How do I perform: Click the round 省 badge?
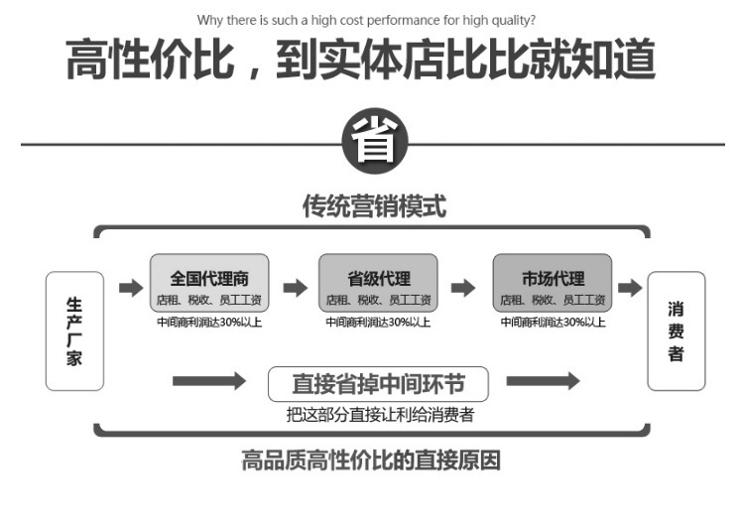pyautogui.click(x=375, y=141)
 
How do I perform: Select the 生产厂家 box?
pyautogui.click(x=74, y=330)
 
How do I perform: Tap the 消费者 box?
pyautogui.click(x=677, y=330)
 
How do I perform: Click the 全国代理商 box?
pyautogui.click(x=209, y=283)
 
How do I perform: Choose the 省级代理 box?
pyautogui.click(x=378, y=283)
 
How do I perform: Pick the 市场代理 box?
pyautogui.click(x=553, y=283)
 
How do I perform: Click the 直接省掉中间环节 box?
pyautogui.click(x=378, y=384)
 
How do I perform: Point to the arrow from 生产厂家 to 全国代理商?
pyautogui.click(x=131, y=287)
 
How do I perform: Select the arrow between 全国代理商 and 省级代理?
pyautogui.click(x=296, y=287)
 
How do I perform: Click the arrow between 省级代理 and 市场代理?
pyautogui.click(x=463, y=287)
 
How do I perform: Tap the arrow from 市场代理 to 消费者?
pyautogui.click(x=630, y=287)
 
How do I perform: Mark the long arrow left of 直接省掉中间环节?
pyautogui.click(x=209, y=381)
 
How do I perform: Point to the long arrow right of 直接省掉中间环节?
pyautogui.click(x=544, y=381)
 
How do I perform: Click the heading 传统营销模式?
pyautogui.click(x=374, y=206)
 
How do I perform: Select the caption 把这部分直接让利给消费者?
pyautogui.click(x=380, y=415)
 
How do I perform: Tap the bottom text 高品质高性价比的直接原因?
pyautogui.click(x=371, y=461)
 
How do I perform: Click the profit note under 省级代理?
pyautogui.click(x=378, y=323)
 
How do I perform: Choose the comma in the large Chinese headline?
pyautogui.click(x=254, y=72)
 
